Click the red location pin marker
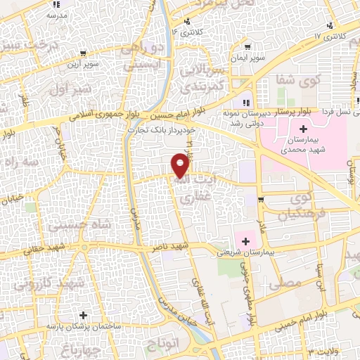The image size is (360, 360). click(x=181, y=166)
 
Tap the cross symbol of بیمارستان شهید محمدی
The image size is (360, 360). click(x=303, y=129)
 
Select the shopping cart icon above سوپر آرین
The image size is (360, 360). click(x=84, y=53)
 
